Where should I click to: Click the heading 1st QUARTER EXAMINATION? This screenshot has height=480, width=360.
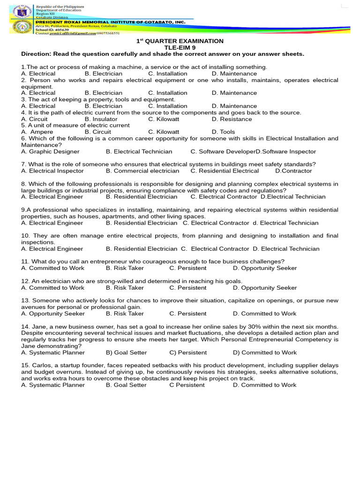(x=180, y=41)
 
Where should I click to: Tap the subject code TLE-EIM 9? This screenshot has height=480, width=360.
(x=180, y=47)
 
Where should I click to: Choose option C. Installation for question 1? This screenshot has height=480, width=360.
(x=167, y=74)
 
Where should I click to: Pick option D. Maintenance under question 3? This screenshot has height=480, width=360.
(x=234, y=106)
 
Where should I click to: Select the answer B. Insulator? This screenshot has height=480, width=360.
(x=101, y=119)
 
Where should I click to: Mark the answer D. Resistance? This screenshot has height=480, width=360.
(x=232, y=119)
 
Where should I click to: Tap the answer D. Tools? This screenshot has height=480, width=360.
(x=223, y=132)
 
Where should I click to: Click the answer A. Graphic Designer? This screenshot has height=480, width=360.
(x=50, y=152)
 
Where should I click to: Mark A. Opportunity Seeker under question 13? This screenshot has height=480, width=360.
(x=53, y=314)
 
